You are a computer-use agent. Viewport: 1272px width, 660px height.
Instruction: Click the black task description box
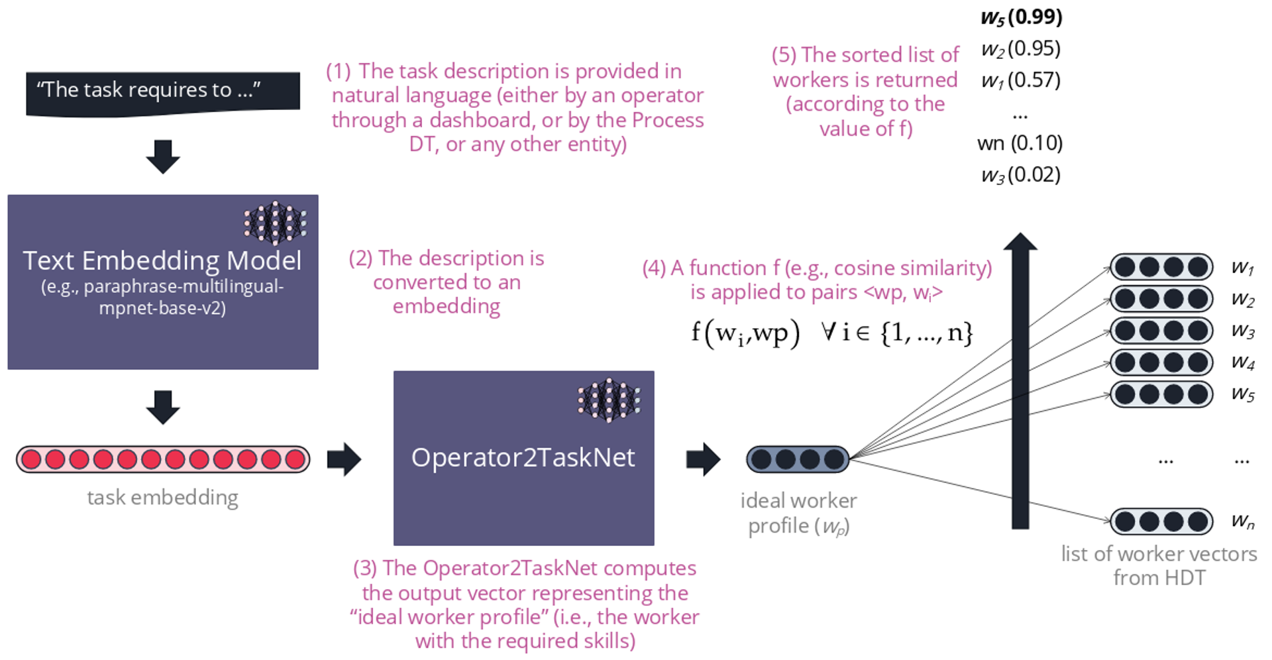click(x=162, y=93)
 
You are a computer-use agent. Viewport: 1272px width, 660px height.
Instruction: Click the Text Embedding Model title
click(x=162, y=260)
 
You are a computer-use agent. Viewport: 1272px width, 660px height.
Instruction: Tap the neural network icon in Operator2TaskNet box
click(x=609, y=400)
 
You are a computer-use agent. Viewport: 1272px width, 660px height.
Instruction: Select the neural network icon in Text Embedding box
click(x=275, y=223)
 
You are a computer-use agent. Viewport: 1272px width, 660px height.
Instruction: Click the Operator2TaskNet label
click(x=523, y=457)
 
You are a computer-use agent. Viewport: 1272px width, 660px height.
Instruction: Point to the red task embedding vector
click(x=163, y=459)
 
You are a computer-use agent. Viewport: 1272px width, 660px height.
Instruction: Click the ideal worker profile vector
click(x=798, y=459)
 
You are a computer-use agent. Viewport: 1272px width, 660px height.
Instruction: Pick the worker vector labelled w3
click(x=1161, y=331)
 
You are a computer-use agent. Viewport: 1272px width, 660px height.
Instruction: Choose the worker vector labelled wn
click(x=1161, y=522)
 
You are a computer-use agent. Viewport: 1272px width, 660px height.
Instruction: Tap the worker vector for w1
click(x=1161, y=267)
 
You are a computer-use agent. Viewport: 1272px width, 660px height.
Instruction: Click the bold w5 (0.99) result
click(x=1021, y=17)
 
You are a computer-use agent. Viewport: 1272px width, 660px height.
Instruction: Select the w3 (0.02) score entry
click(x=1021, y=175)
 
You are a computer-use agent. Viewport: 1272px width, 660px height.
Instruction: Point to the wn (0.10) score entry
click(x=1020, y=143)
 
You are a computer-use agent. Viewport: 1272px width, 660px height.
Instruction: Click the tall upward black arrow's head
click(x=1020, y=243)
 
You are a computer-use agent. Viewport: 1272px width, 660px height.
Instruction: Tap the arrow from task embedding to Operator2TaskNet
click(x=344, y=459)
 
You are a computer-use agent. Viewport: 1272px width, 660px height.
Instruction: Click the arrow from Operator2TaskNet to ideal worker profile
click(x=703, y=459)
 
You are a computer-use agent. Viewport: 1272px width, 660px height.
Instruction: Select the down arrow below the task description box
click(x=163, y=156)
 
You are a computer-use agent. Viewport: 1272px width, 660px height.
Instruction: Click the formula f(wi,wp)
click(x=745, y=332)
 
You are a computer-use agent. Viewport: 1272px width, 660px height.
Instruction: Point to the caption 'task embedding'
click(x=163, y=497)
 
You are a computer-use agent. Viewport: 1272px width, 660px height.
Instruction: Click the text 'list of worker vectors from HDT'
click(x=1159, y=565)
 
